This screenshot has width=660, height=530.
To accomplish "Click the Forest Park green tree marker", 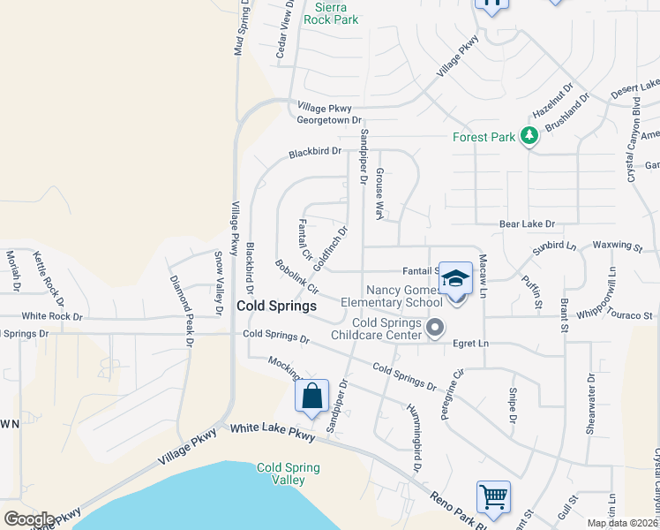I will [x=529, y=136].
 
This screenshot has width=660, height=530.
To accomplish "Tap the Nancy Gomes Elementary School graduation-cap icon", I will [x=455, y=278].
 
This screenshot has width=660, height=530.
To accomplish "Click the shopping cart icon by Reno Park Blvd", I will [x=493, y=496].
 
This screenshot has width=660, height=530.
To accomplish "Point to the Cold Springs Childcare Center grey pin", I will [x=434, y=329].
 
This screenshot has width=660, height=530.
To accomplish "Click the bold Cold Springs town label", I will [x=276, y=306].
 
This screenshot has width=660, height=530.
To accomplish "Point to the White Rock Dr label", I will [x=52, y=315].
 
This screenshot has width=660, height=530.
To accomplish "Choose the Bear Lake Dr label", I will [x=527, y=225].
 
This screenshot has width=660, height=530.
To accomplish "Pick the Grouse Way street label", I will [x=380, y=193].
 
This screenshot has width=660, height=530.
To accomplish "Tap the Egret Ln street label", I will [x=471, y=343].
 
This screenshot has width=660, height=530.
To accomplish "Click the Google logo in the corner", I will [x=29, y=519].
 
